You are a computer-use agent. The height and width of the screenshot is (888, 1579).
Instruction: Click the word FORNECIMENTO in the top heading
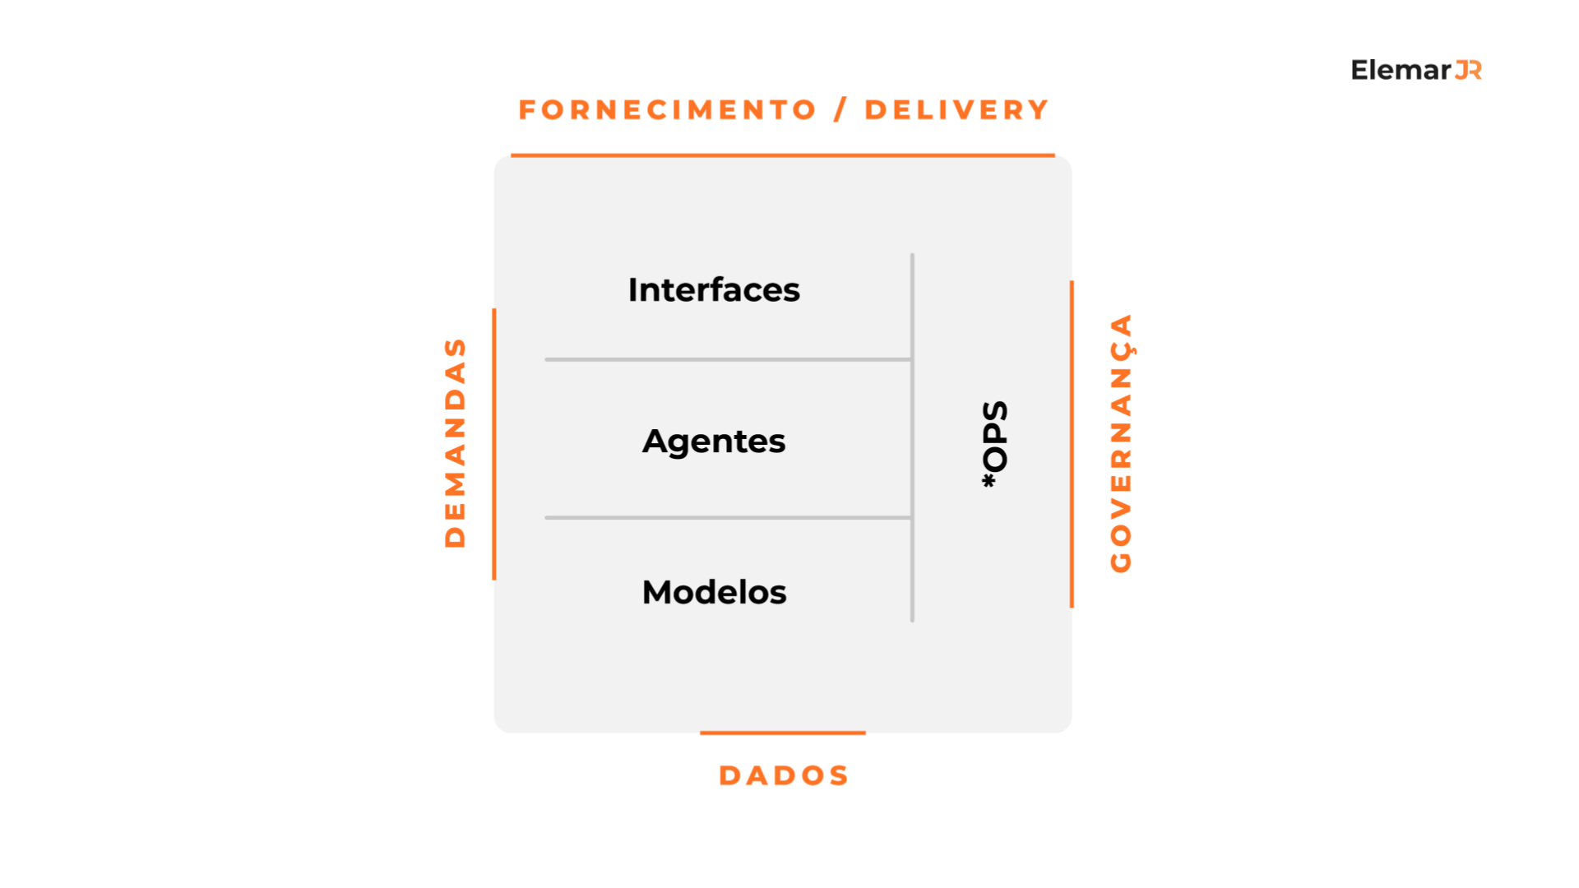click(667, 110)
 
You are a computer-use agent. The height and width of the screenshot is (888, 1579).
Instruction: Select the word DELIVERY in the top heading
click(956, 110)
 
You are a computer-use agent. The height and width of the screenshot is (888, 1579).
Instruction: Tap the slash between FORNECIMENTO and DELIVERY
click(840, 110)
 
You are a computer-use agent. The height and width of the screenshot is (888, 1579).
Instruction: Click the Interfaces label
click(714, 290)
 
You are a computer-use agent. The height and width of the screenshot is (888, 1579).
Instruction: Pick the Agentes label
click(714, 442)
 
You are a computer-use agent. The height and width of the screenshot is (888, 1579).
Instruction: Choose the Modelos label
click(714, 592)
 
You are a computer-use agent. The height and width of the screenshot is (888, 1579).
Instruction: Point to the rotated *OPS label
click(994, 444)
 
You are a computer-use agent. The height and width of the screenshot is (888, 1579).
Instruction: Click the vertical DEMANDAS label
click(455, 442)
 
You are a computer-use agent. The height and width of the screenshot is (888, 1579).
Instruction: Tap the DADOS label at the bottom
click(784, 775)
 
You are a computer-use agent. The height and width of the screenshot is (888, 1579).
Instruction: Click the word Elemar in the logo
click(1401, 71)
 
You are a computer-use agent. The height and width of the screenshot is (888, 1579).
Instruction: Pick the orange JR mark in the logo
click(1469, 71)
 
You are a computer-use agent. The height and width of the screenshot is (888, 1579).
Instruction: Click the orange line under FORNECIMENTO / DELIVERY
click(782, 155)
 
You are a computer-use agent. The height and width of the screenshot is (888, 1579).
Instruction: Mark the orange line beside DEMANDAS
click(494, 444)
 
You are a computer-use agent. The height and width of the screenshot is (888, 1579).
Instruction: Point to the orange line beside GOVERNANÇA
click(1072, 444)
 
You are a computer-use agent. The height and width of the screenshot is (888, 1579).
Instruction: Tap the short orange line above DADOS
click(782, 733)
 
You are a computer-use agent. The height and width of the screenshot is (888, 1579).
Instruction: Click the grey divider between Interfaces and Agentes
click(727, 359)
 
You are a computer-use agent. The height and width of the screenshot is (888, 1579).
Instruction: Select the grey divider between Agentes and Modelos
click(727, 518)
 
